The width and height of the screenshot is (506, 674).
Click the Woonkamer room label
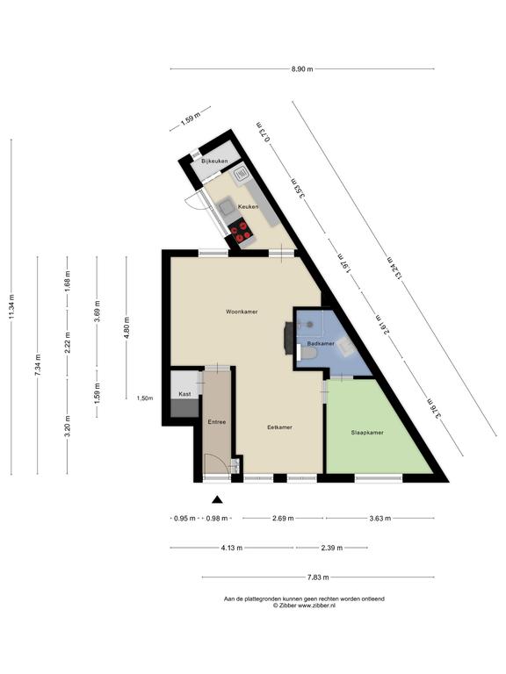click(x=242, y=312)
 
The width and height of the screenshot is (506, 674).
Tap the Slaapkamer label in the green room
click(x=367, y=433)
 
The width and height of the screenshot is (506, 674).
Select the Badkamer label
click(x=320, y=343)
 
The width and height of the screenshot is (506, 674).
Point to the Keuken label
click(x=248, y=206)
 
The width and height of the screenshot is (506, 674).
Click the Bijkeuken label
click(x=214, y=161)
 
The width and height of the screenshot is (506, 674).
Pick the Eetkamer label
click(x=279, y=427)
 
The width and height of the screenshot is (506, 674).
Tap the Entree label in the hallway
click(x=217, y=422)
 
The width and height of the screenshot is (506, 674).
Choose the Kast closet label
click(x=184, y=394)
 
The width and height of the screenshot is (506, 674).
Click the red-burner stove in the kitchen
click(x=240, y=232)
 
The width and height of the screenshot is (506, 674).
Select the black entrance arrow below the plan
click(x=217, y=499)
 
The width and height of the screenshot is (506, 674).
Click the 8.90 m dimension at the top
click(x=302, y=68)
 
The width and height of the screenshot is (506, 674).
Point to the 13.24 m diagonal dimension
click(x=394, y=268)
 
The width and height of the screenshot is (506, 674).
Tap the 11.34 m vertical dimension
click(x=11, y=306)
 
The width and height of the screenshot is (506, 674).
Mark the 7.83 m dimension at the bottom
click(x=318, y=577)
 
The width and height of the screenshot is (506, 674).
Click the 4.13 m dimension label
click(x=232, y=548)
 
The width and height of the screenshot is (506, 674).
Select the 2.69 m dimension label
click(x=283, y=519)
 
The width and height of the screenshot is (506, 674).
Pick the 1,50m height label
click(x=145, y=398)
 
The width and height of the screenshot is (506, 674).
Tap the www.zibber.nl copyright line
click(x=304, y=606)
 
